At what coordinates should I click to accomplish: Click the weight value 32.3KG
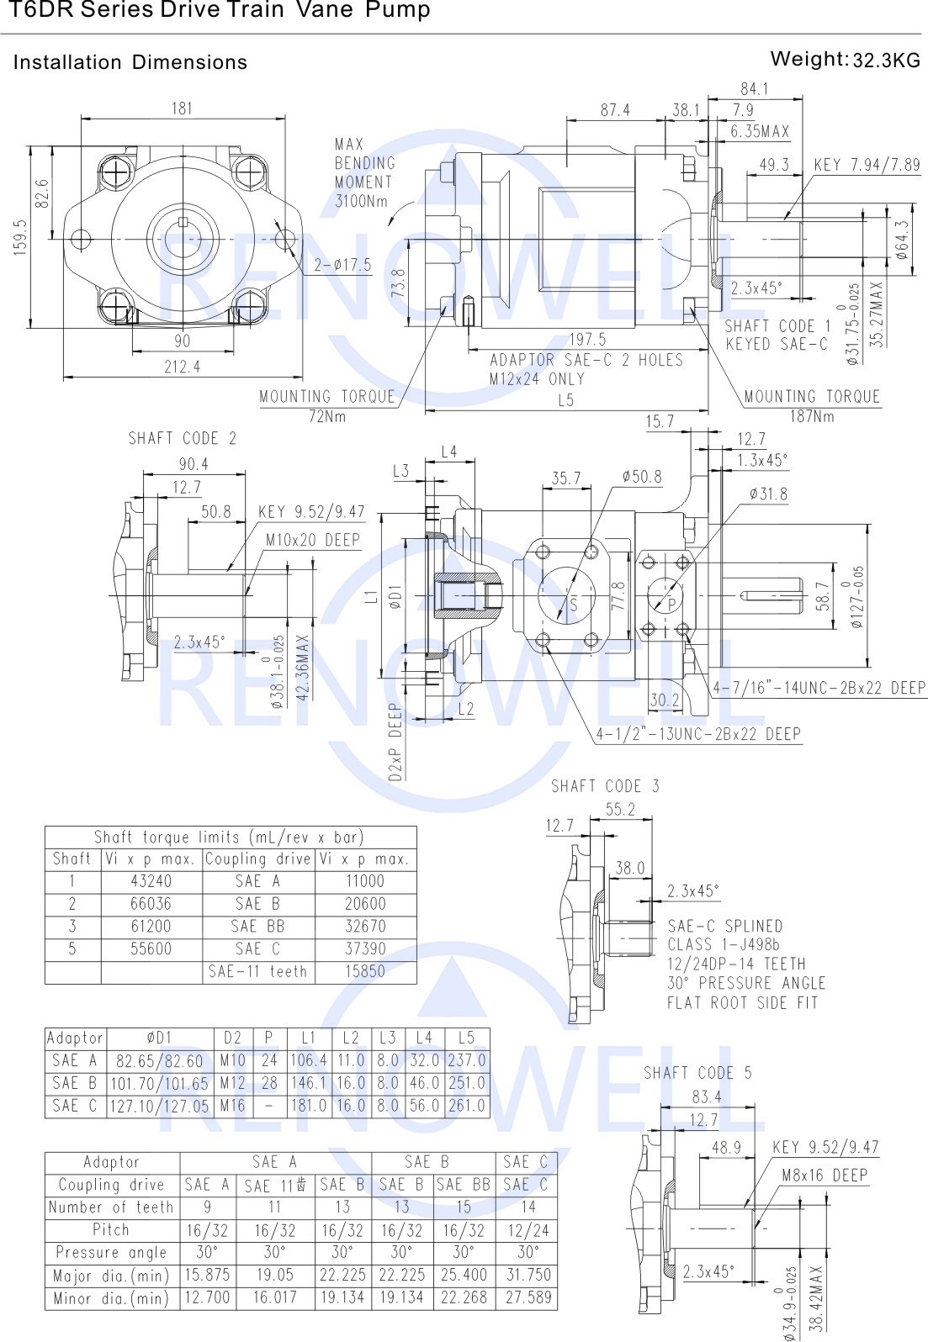point(886,60)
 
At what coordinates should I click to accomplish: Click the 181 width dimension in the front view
point(182,108)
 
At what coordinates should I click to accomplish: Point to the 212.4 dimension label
point(183,367)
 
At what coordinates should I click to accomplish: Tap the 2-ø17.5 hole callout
point(342,265)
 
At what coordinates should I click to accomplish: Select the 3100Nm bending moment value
point(361,201)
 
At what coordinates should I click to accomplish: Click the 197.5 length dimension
point(587,340)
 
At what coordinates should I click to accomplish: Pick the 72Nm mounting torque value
point(327,416)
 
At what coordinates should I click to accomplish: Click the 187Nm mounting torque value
point(812,416)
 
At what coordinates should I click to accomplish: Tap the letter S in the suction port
point(574,605)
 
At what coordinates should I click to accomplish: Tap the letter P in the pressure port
point(672,605)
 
